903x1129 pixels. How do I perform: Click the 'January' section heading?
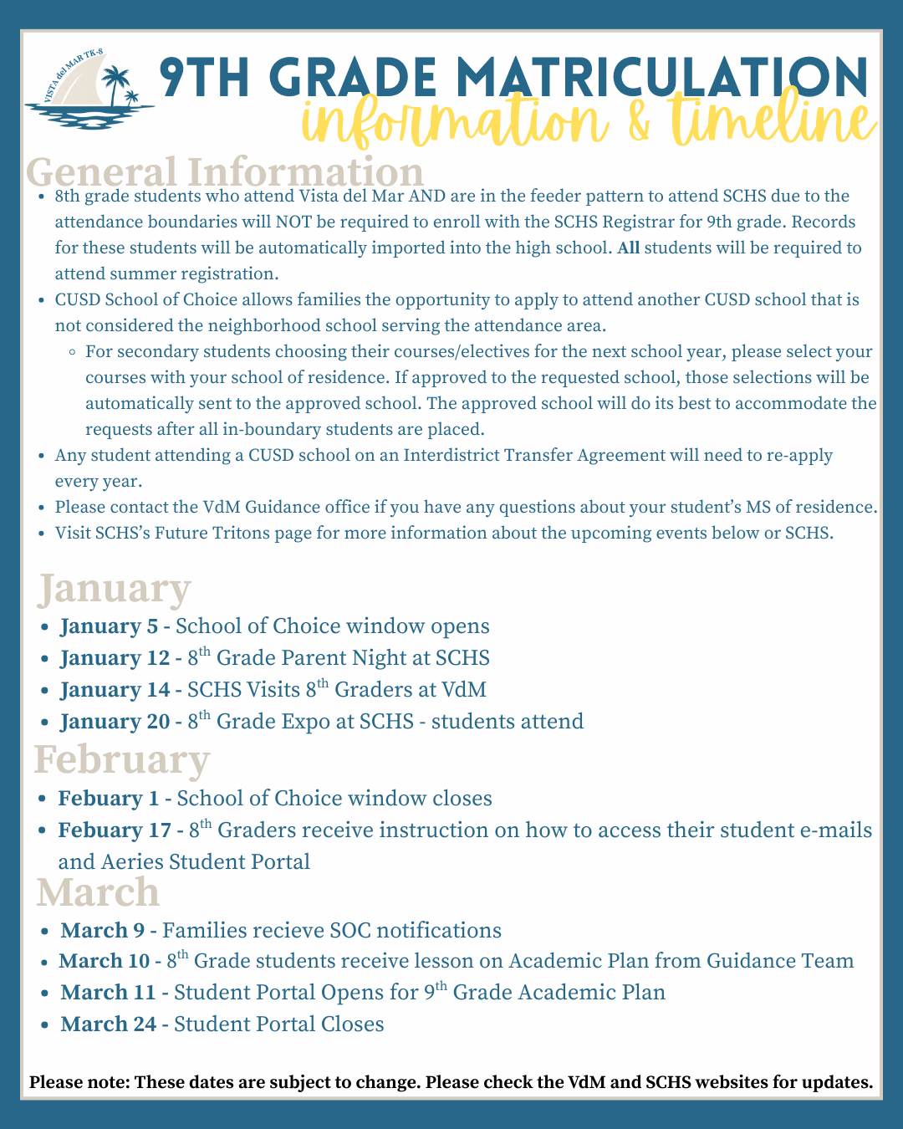[x=115, y=589]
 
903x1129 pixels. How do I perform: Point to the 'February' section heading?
[x=122, y=760]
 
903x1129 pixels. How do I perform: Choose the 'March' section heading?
[x=98, y=892]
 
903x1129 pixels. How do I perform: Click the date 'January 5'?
[x=109, y=626]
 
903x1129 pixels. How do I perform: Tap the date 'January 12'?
[x=115, y=658]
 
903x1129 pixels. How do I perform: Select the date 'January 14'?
[x=115, y=690]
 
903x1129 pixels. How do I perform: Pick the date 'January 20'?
[x=115, y=722]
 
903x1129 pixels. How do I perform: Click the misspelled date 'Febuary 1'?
[x=108, y=799]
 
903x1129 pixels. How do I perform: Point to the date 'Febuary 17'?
[x=113, y=830]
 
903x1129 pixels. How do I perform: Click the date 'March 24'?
[x=108, y=1024]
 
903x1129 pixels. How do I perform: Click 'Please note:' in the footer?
[x=79, y=1082]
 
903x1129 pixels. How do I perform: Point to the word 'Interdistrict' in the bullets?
[x=458, y=456]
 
